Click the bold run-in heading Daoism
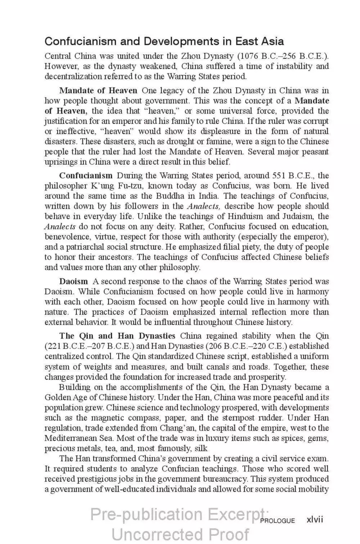click(73, 282)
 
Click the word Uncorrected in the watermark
click(155, 534)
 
